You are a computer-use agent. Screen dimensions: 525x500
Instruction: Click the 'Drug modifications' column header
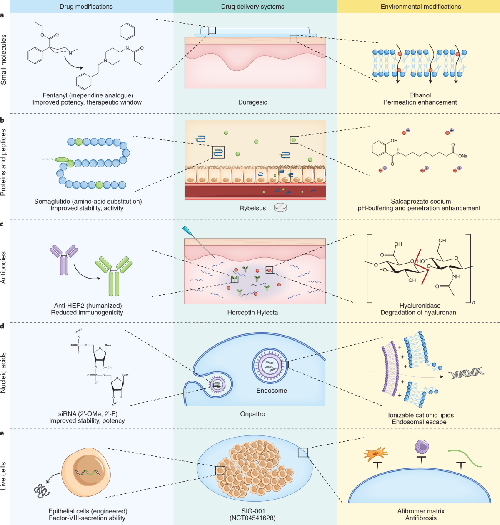(86, 7)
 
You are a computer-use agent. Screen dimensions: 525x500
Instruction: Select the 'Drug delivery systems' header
(252, 7)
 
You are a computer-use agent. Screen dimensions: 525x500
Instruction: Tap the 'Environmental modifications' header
(421, 7)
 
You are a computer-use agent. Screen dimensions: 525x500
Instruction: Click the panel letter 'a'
(2, 15)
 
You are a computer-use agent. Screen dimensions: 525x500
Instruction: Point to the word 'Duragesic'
(252, 102)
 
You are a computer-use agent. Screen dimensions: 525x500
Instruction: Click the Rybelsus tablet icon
(280, 207)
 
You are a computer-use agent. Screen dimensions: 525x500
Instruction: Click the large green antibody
(114, 275)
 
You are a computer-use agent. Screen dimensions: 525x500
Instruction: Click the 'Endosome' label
(272, 391)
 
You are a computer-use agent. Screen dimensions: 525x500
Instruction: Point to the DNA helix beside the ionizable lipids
(467, 373)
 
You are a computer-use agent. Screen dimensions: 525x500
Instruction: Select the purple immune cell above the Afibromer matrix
(422, 447)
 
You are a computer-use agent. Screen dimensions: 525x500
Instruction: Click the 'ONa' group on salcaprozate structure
(462, 156)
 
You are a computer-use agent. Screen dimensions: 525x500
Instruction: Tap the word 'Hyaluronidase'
(420, 306)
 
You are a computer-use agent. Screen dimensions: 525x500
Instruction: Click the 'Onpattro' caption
(252, 414)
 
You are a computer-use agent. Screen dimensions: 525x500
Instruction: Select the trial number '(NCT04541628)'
(252, 518)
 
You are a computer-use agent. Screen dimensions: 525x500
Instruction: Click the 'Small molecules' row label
(4, 60)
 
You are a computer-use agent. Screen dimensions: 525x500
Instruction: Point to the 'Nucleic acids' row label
(4, 373)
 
